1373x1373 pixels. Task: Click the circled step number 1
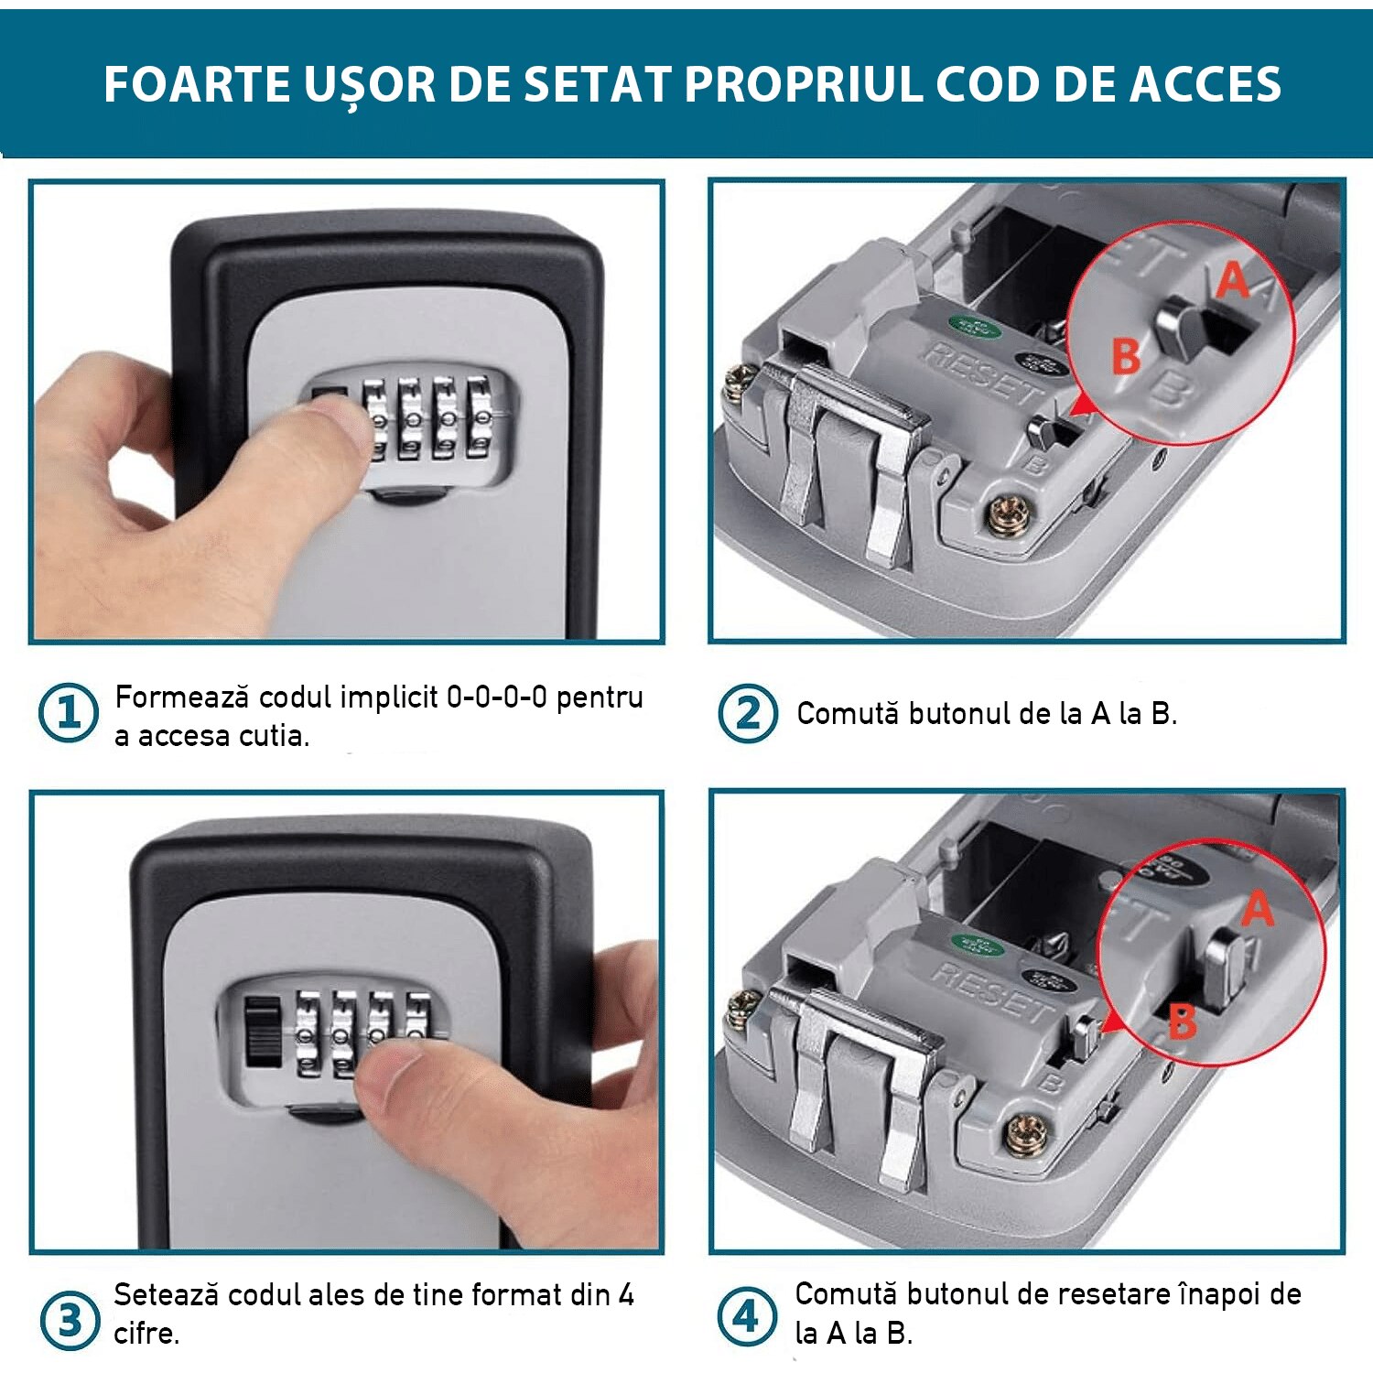pyautogui.click(x=68, y=713)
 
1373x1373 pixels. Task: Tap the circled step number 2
pyautogui.click(x=747, y=713)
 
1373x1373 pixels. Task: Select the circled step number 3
pyautogui.click(x=70, y=1320)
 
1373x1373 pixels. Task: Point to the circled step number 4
pyautogui.click(x=746, y=1318)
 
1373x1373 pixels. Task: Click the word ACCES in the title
pyautogui.click(x=1205, y=85)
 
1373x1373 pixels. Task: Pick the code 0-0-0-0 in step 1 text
pyautogui.click(x=496, y=697)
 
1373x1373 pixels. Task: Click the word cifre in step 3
pyautogui.click(x=145, y=1334)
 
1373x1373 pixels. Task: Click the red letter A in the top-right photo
pyautogui.click(x=1233, y=280)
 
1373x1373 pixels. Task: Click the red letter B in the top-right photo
pyautogui.click(x=1125, y=356)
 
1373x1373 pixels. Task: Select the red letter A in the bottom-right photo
pyautogui.click(x=1258, y=909)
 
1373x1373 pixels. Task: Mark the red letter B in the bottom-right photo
pyautogui.click(x=1182, y=1022)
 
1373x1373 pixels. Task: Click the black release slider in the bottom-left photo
pyautogui.click(x=264, y=1032)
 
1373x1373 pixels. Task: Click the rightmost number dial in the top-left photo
pyautogui.click(x=479, y=419)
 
